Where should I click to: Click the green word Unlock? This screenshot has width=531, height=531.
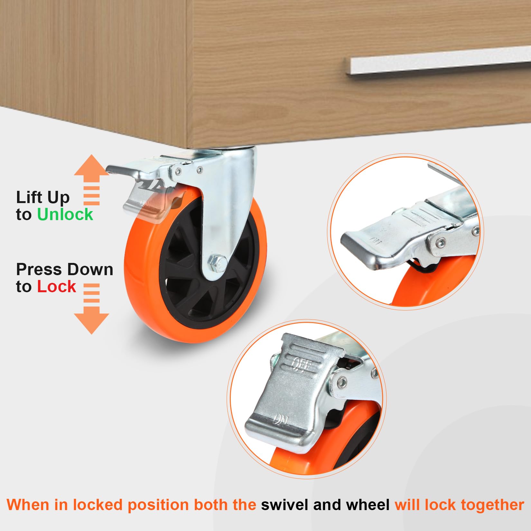(65, 214)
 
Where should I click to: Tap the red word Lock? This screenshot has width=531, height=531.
(57, 286)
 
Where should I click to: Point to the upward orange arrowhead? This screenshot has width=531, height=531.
(91, 165)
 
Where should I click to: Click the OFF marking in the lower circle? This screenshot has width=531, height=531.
(302, 365)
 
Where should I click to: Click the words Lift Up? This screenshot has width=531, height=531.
(43, 197)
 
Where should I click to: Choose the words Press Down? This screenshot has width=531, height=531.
(65, 269)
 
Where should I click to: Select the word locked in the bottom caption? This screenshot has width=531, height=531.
(98, 505)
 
